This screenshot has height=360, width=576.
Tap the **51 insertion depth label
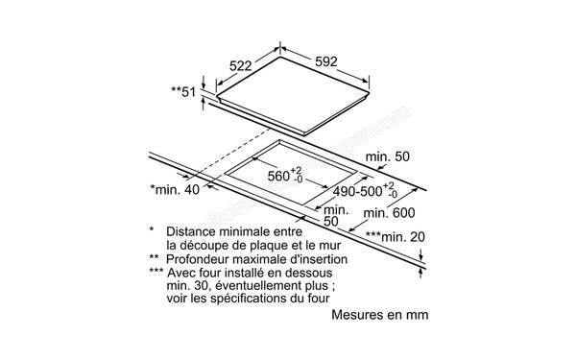(183, 91)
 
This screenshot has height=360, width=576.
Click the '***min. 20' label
(393, 236)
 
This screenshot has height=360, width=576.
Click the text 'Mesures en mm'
(379, 314)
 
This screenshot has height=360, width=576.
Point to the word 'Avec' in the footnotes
(182, 273)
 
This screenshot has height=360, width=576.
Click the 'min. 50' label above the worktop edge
(389, 156)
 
